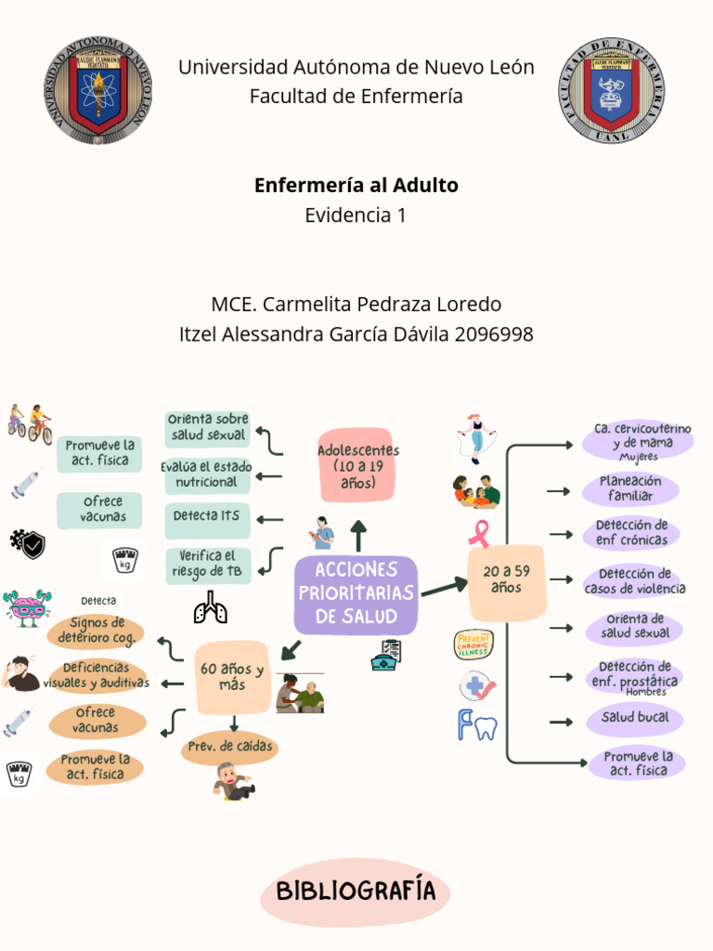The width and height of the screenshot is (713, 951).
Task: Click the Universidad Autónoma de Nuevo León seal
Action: coord(98,90)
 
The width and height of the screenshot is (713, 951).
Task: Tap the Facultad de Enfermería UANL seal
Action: coord(611,90)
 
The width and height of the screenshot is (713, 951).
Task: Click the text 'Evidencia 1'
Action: coord(356,215)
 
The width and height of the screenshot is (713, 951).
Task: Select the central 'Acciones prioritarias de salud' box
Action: coord(356,593)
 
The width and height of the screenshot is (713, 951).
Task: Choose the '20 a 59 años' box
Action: coord(507,581)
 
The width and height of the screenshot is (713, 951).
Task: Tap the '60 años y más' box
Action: coord(232,677)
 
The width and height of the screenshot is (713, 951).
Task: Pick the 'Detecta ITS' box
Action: coord(207,516)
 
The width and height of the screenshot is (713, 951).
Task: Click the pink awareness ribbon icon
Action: coord(480,534)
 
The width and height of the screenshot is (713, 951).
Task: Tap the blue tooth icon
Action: coord(477,724)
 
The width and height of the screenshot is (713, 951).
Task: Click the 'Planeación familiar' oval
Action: coord(630,489)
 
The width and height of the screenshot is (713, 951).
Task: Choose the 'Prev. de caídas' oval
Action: coord(231,747)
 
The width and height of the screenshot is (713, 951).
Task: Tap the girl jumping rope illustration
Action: coord(475,437)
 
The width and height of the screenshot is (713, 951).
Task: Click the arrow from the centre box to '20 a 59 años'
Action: coord(444,588)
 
